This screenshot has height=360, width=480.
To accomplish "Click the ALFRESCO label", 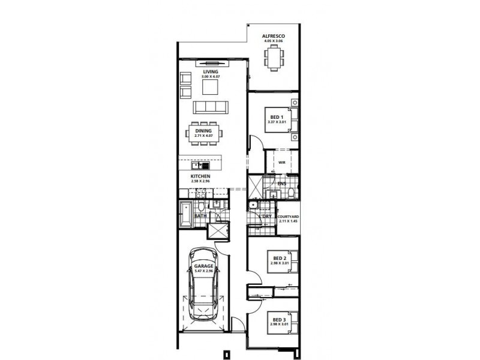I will click(x=273, y=37).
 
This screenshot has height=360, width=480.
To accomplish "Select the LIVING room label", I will click(x=210, y=71).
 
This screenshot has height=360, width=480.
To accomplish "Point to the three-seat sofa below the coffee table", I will click(x=210, y=107).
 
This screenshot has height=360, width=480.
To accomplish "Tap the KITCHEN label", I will click(x=200, y=176).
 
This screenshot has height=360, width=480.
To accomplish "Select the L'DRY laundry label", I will click(x=264, y=216).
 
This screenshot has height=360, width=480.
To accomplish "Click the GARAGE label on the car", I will click(x=203, y=266).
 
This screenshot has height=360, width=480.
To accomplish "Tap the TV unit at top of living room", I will click(x=210, y=62).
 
